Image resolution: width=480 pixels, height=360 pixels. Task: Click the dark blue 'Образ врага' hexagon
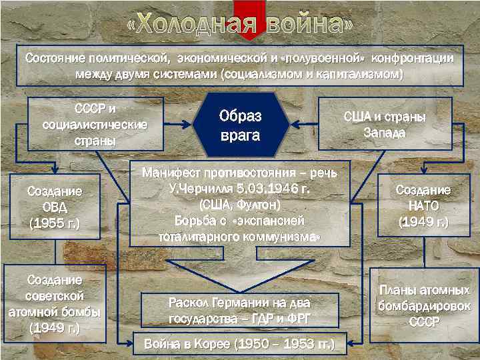[240, 125]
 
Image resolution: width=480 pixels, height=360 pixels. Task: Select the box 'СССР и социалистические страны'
[95, 124]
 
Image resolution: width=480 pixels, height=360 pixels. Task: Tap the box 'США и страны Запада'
[385, 124]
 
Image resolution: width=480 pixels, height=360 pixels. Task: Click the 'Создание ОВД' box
[55, 207]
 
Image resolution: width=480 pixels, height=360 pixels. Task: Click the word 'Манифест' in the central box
[173, 173]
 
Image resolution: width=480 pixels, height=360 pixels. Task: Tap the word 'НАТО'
[423, 205]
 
